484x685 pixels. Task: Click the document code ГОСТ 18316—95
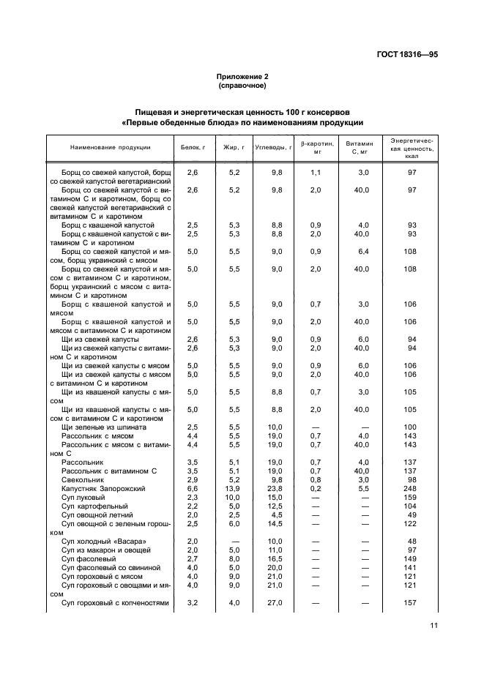point(408,54)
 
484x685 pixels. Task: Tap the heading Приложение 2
point(242,77)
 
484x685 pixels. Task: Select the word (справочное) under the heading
point(242,86)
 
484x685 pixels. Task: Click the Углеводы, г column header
point(273,148)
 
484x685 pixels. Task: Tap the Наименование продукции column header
point(110,148)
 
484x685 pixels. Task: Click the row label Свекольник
point(82,479)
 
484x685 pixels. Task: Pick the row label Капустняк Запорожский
point(103,488)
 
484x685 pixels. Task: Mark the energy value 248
point(412,488)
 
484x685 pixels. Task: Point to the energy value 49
point(412,514)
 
